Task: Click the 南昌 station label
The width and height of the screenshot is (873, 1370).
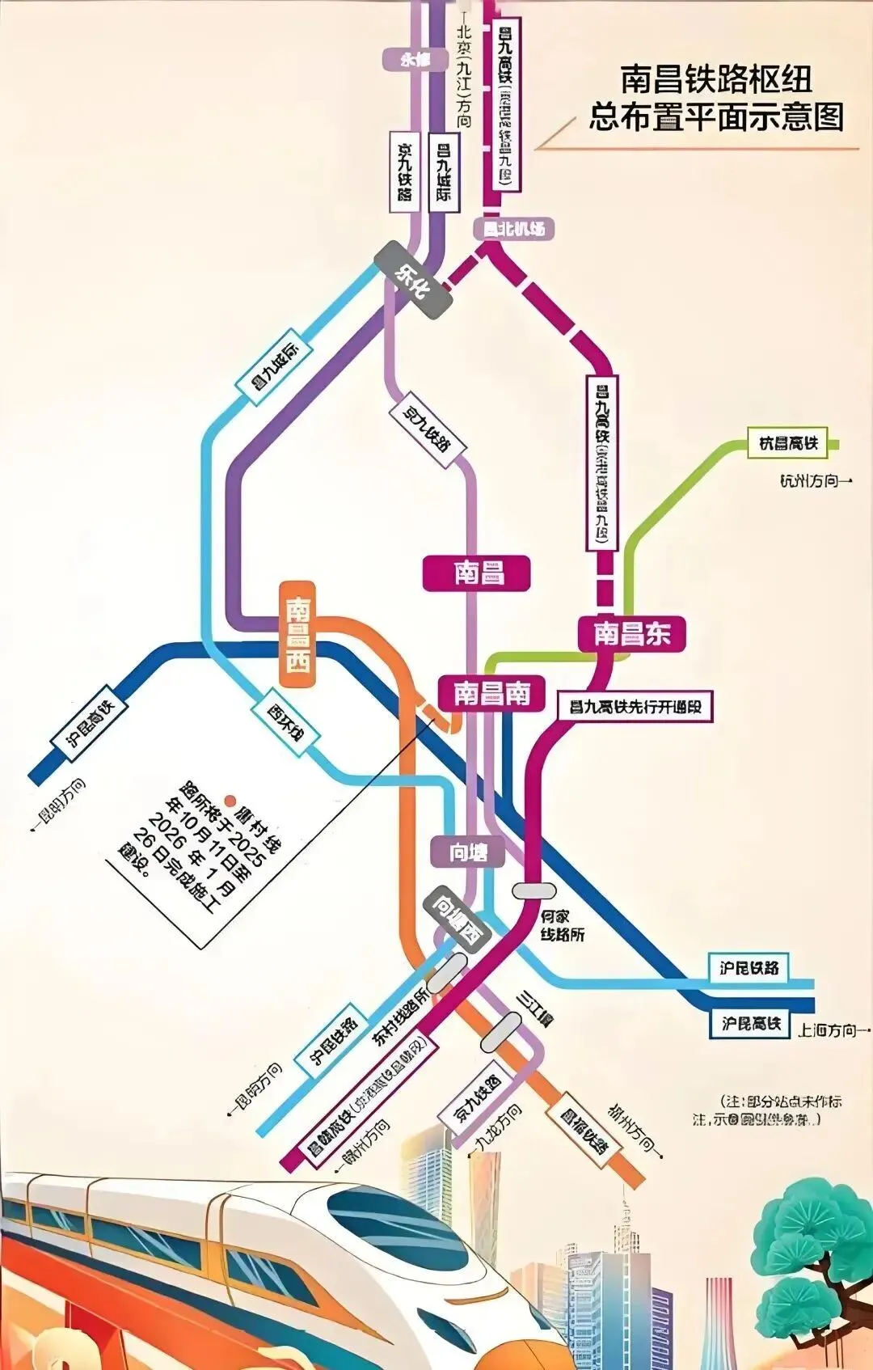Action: point(476,573)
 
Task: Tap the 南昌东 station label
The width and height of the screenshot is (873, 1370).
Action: point(632,633)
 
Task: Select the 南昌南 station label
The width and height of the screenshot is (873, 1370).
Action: point(491,693)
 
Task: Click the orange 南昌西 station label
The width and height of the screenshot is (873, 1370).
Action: point(297,635)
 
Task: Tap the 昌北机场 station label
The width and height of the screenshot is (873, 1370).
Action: point(514,229)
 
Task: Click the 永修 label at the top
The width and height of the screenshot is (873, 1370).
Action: point(415,59)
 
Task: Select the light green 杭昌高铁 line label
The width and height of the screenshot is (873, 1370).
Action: point(789,443)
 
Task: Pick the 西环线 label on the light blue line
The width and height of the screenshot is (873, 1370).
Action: point(286,721)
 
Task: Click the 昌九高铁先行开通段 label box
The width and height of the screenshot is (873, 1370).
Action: point(635,707)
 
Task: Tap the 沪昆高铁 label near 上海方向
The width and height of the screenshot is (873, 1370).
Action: point(751,1024)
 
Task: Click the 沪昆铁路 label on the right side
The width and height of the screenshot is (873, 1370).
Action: point(749,967)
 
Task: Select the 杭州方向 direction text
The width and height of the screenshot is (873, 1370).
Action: point(814,481)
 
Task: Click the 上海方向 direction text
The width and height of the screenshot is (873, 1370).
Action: point(832,1030)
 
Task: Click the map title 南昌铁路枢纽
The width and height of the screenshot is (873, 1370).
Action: point(716,80)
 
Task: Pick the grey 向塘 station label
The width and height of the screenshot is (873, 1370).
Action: point(468,852)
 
